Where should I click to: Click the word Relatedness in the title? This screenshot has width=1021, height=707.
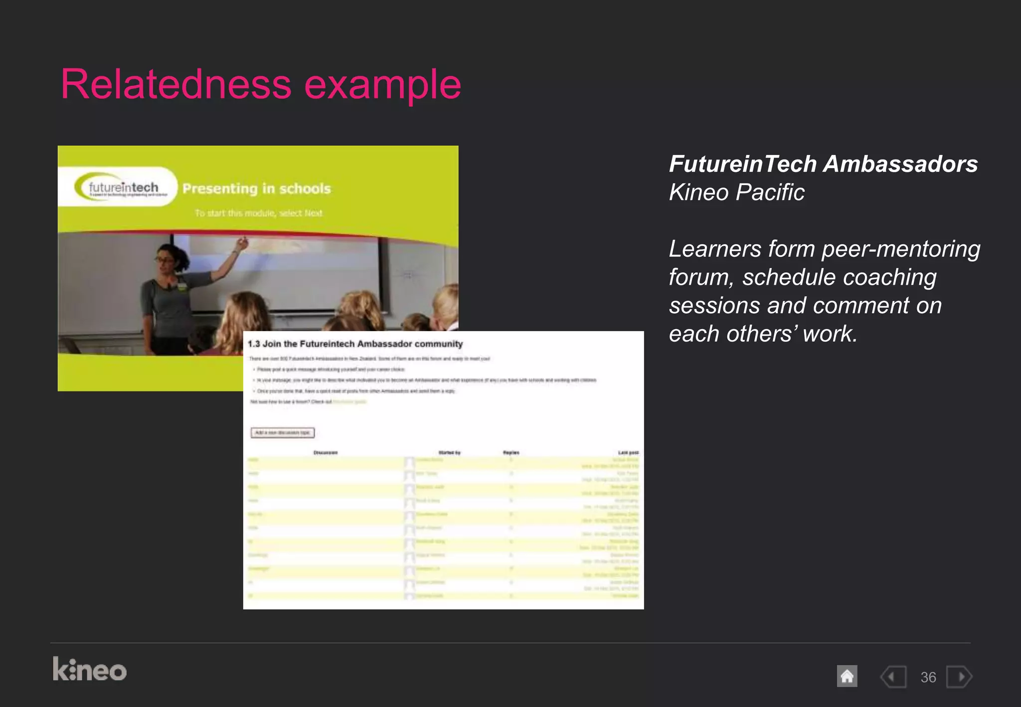pyautogui.click(x=175, y=85)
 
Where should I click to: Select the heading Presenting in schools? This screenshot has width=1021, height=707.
pyautogui.click(x=256, y=188)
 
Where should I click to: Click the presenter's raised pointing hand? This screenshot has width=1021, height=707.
pyautogui.click(x=242, y=243)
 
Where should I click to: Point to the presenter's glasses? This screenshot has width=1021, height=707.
pyautogui.click(x=165, y=259)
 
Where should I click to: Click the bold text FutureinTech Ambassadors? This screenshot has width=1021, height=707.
pyautogui.click(x=823, y=164)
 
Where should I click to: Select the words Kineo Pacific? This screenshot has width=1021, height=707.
pyautogui.click(x=736, y=192)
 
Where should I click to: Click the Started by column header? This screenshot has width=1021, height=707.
pyautogui.click(x=449, y=453)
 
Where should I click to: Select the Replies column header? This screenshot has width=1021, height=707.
pyautogui.click(x=511, y=453)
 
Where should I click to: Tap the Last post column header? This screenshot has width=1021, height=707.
pyautogui.click(x=628, y=453)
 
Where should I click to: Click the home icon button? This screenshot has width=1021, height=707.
pyautogui.click(x=847, y=677)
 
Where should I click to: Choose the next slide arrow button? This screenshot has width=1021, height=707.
pyautogui.click(x=959, y=677)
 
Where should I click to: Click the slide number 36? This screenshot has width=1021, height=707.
pyautogui.click(x=928, y=677)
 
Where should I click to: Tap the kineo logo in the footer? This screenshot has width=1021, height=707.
pyautogui.click(x=90, y=669)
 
